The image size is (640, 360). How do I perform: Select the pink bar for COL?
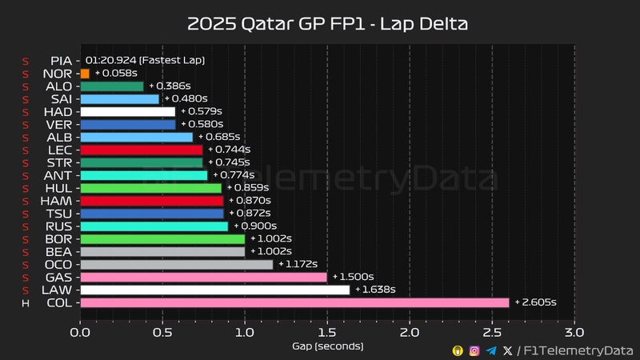(x=294, y=302)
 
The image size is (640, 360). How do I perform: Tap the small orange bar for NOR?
(x=85, y=73)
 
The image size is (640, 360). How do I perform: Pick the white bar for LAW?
(x=215, y=290)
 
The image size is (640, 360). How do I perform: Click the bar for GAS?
(x=203, y=277)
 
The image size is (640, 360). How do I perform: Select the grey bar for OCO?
(x=176, y=264)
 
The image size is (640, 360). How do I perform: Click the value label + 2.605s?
(x=535, y=302)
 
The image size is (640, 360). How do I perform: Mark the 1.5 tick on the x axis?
(x=327, y=330)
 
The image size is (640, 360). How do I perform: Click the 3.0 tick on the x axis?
(x=574, y=330)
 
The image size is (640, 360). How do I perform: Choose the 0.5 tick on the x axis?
(x=162, y=330)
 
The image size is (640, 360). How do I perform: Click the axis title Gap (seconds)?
(x=327, y=346)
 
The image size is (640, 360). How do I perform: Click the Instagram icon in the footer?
(x=474, y=350)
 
